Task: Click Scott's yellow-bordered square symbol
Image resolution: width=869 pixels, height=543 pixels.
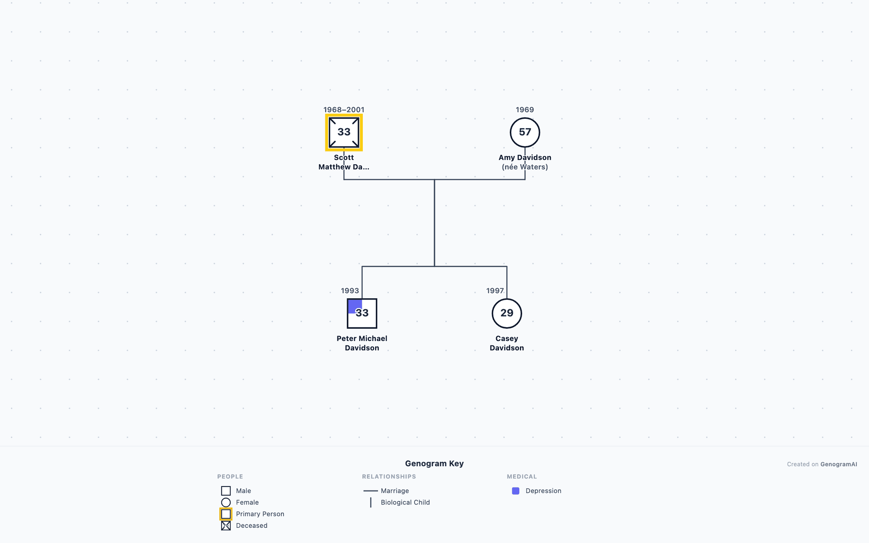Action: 344,132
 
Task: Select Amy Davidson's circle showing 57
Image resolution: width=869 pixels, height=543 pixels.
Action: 525,132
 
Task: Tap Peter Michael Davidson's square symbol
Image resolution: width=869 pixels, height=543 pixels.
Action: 362,313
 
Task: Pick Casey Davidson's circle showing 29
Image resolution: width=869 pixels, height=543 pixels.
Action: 507,313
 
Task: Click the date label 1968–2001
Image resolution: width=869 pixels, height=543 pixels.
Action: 344,109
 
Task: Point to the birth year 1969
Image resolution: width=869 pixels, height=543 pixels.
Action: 525,109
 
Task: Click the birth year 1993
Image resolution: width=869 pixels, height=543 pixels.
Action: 350,291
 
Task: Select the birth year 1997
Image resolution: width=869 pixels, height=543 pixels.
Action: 495,291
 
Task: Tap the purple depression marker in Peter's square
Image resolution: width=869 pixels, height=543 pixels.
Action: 355,306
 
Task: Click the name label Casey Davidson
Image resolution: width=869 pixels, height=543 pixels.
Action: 507,343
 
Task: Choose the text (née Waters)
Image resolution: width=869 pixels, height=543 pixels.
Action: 525,167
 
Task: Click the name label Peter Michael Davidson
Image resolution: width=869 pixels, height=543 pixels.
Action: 362,343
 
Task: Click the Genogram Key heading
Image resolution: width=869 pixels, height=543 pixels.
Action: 434,463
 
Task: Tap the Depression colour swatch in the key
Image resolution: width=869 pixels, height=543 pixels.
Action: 516,491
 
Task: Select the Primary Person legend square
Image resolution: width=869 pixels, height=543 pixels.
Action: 226,514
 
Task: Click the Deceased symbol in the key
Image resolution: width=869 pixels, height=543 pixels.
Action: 226,526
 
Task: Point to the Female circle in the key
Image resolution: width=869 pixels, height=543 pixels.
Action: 226,503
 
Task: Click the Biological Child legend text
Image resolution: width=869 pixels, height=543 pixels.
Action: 405,502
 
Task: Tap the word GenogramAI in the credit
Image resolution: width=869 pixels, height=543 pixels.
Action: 838,464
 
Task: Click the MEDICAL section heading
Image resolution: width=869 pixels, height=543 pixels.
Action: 522,476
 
